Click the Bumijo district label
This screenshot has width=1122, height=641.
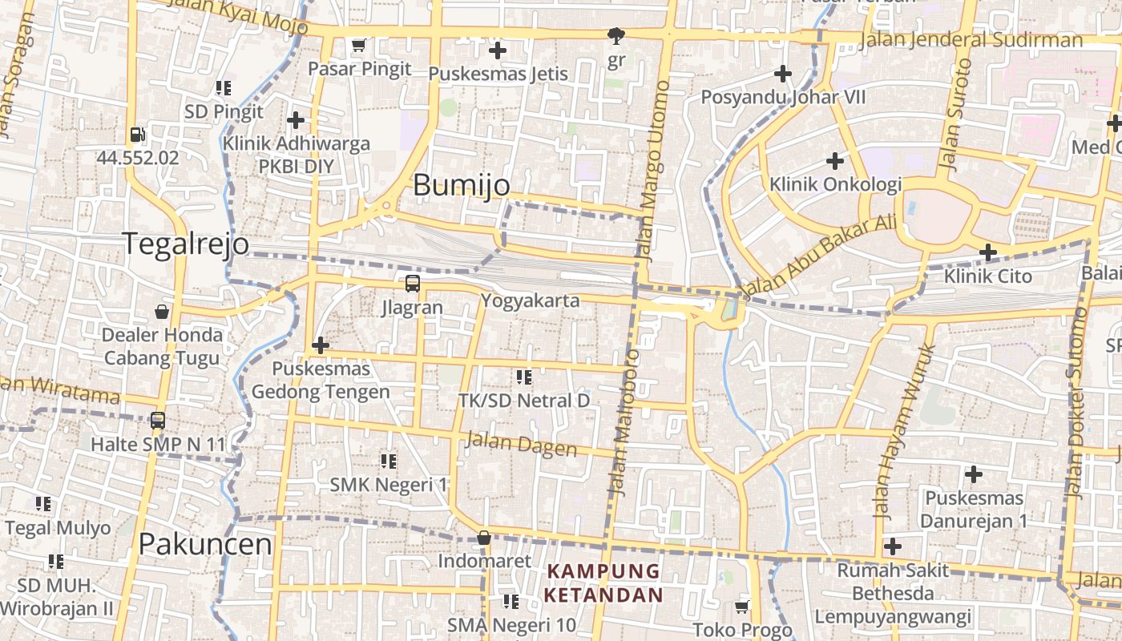point(461,186)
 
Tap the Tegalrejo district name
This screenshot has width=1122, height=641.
point(185,244)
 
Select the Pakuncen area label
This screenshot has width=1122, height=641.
point(205,545)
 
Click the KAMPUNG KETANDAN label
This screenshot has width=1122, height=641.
point(603,583)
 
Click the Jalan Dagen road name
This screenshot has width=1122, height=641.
point(521,444)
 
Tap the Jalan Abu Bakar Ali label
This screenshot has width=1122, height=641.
point(817,256)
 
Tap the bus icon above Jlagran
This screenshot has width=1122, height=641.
point(412,284)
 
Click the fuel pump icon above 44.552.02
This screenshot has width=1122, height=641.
point(138,135)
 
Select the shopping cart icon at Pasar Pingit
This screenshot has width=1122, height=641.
point(359,46)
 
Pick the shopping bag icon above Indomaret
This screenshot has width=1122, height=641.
point(483,538)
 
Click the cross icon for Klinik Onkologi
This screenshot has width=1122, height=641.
point(835,161)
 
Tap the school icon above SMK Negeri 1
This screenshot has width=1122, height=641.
point(389,461)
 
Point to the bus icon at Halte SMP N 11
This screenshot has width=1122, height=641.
point(158,420)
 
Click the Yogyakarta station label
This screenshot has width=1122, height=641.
point(530,301)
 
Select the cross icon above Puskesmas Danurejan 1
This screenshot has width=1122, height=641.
point(973,474)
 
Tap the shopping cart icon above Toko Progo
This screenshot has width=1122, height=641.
point(742,607)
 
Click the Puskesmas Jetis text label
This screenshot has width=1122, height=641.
point(498,74)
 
